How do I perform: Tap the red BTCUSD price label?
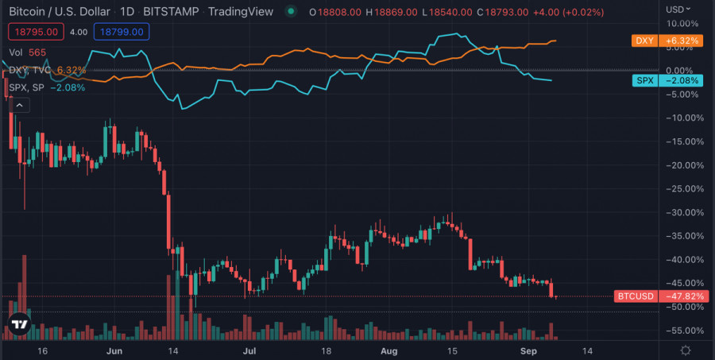click(x=660, y=296)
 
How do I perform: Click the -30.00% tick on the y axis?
click(x=684, y=212)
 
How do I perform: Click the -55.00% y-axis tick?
click(x=684, y=331)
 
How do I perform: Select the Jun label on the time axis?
click(x=114, y=350)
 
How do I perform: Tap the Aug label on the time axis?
click(x=388, y=350)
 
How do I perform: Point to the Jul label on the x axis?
click(x=249, y=350)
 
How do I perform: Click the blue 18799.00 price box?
click(x=121, y=32)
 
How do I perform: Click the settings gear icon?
click(x=686, y=350)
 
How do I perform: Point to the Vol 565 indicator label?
click(x=27, y=52)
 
